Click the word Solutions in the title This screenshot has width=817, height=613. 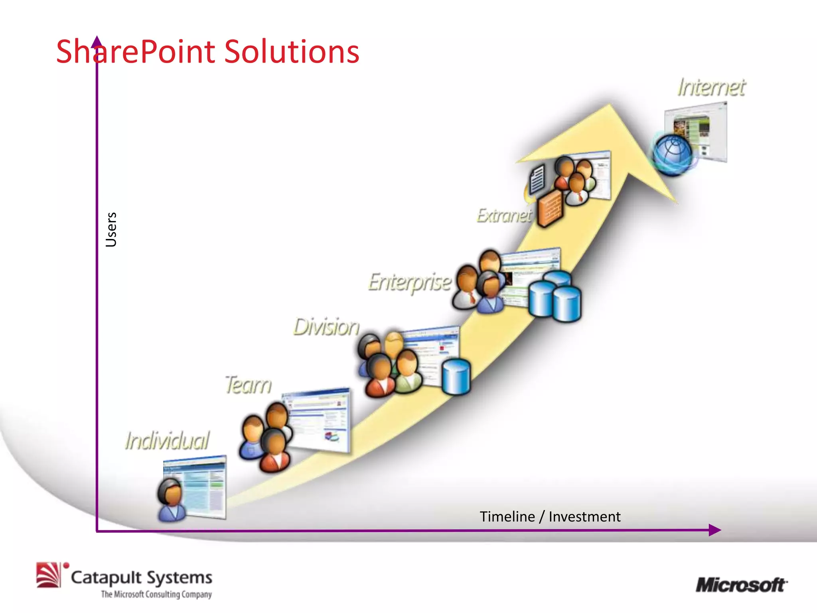291,52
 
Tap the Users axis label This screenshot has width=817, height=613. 111,229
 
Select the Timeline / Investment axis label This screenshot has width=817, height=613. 550,517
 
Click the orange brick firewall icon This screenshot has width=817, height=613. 551,208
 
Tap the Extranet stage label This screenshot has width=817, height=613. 504,216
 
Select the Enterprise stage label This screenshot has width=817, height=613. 409,283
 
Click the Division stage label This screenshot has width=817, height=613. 326,327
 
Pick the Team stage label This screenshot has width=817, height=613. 248,385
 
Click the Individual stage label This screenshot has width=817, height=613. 167,441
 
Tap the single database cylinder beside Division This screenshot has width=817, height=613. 456,377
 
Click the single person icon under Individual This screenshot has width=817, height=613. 171,500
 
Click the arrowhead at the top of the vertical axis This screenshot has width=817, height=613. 97,42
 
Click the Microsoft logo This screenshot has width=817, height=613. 741,585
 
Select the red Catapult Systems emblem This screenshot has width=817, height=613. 49,575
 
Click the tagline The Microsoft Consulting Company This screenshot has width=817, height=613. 156,595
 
